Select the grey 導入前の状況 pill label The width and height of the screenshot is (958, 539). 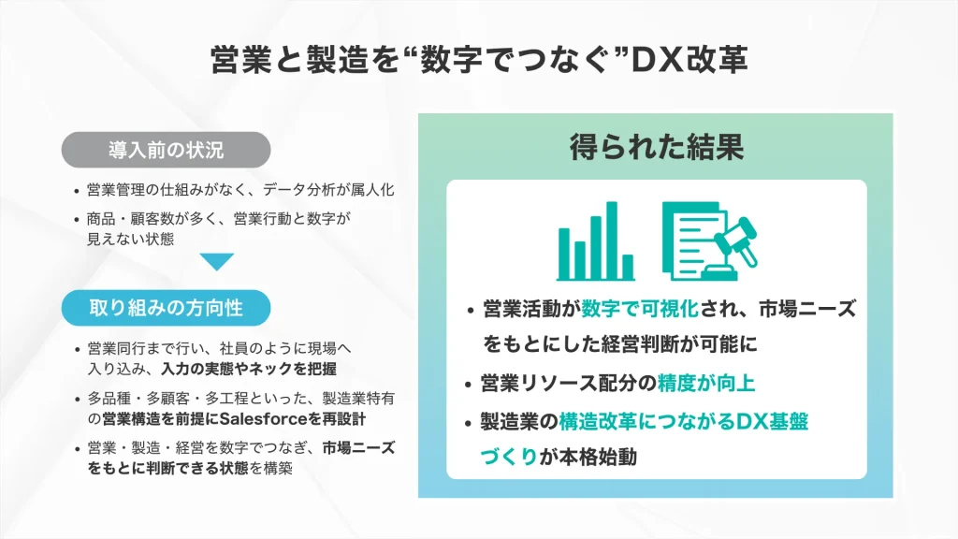166,149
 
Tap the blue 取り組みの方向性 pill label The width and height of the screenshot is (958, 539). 166,306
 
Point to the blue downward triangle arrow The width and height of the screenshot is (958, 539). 216,262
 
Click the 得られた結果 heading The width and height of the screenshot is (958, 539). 657,147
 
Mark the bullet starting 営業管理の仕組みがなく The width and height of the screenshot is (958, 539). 239,191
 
